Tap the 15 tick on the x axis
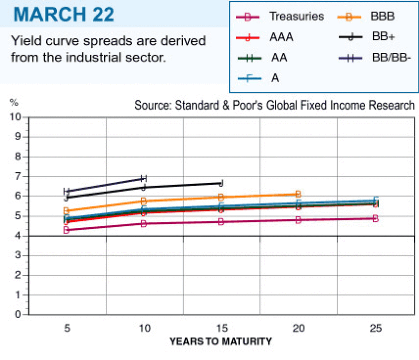(x=221, y=329)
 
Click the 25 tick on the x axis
(x=375, y=329)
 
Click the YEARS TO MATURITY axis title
(x=220, y=342)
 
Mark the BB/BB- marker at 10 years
(x=144, y=178)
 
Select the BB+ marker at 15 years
(x=221, y=183)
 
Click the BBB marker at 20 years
(x=298, y=194)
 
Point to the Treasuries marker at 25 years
(x=375, y=218)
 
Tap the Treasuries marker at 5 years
(x=66, y=230)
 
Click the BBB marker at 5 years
(x=66, y=211)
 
